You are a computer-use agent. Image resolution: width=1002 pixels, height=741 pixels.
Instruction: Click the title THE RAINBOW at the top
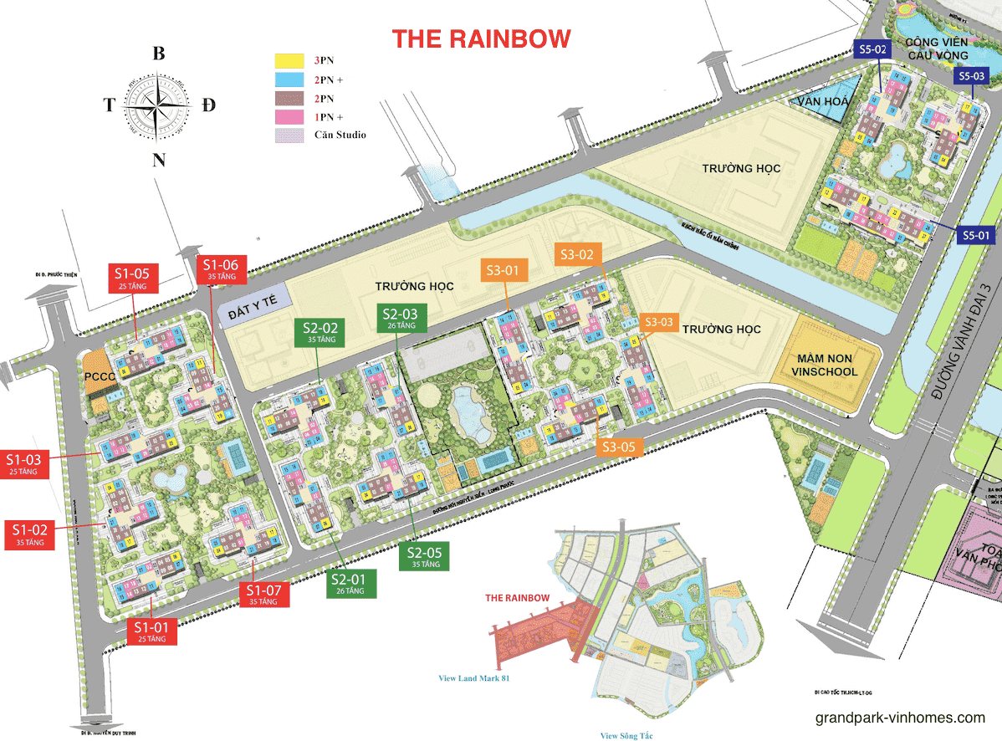482,38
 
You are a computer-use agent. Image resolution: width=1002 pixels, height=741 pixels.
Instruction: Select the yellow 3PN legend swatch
289,61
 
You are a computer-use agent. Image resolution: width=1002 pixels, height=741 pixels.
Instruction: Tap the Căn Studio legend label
340,135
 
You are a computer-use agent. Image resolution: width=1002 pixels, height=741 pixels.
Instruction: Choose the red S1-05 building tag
132,278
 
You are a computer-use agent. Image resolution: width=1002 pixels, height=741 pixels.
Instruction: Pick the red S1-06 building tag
217,270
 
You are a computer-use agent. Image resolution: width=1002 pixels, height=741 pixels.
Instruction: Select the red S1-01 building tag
152,631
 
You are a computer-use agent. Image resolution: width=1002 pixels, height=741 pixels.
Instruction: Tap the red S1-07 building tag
263,595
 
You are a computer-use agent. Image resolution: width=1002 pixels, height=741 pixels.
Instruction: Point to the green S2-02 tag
320,333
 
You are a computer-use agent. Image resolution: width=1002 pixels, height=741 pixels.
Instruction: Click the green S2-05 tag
425,556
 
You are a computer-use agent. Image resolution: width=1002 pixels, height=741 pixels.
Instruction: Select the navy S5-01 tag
976,236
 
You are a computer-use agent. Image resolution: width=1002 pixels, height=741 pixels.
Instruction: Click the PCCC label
98,376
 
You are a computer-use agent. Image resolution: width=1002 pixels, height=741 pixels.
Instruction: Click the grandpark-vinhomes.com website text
900,718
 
